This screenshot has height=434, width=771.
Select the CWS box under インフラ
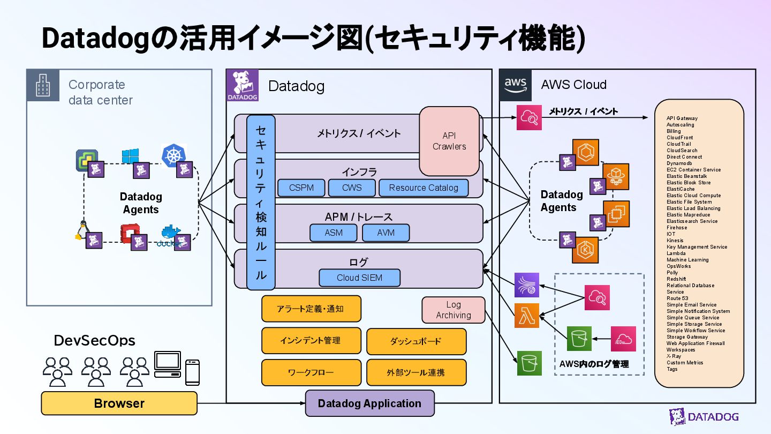tap(352, 188)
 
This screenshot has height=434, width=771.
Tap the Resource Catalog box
tap(424, 188)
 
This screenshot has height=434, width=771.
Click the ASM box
tap(334, 233)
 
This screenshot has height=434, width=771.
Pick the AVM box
tap(385, 233)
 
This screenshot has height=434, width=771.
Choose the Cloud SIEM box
tap(359, 278)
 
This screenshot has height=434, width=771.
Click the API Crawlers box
tap(449, 141)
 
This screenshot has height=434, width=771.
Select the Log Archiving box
tap(453, 310)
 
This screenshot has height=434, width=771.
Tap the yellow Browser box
tap(119, 403)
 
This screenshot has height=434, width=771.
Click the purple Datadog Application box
tap(369, 403)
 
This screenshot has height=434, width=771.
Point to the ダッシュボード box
tap(416, 341)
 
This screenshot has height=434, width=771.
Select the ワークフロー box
tap(311, 372)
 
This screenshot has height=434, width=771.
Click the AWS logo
tap(516, 85)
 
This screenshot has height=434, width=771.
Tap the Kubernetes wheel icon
tap(173, 155)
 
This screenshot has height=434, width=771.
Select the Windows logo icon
tap(130, 156)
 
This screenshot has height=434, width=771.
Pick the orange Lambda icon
tap(527, 315)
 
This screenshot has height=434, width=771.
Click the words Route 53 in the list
tap(677, 298)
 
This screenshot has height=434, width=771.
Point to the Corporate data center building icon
tap(43, 85)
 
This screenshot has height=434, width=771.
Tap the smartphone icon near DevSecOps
tap(192, 372)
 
